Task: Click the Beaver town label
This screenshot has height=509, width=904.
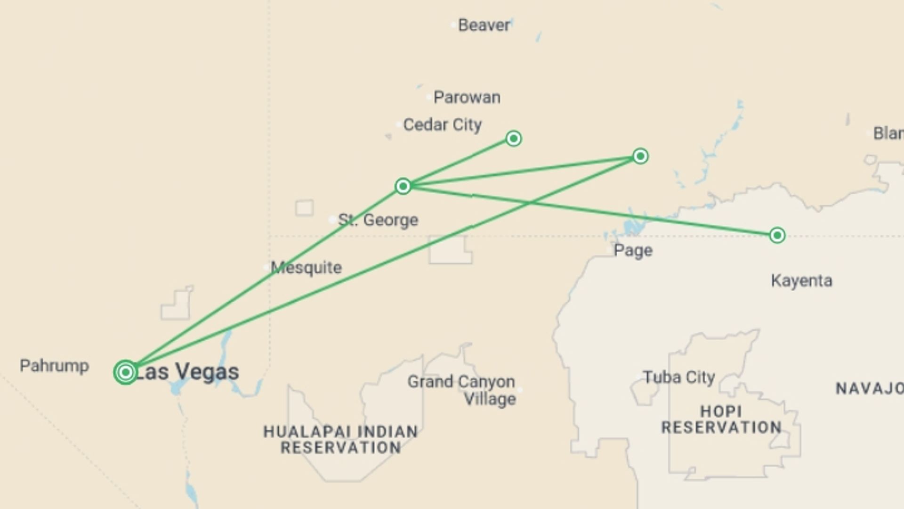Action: (x=484, y=25)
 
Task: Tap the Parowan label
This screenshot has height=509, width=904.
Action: (x=467, y=98)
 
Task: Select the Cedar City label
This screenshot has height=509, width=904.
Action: (x=442, y=125)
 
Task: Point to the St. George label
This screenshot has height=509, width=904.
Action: (x=378, y=220)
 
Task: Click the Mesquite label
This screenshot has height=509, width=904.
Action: (x=306, y=268)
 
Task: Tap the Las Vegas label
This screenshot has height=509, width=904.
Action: (x=187, y=372)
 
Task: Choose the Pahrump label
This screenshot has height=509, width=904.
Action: (x=54, y=366)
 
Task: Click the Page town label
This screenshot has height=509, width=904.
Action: (x=633, y=250)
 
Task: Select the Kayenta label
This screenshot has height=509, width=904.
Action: (x=801, y=281)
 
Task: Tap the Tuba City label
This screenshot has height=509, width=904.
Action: (x=678, y=378)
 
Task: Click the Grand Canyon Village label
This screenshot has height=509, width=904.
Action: (x=461, y=390)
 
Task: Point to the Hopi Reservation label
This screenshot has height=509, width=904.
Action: (x=721, y=419)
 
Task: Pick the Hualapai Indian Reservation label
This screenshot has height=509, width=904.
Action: (x=340, y=439)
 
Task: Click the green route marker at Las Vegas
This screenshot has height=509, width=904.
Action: (x=125, y=372)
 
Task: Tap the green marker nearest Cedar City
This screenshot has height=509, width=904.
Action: (x=513, y=139)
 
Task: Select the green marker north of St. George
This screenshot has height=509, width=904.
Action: (x=403, y=187)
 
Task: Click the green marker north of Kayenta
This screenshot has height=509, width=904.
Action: (x=777, y=235)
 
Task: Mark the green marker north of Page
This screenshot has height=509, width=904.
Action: (x=640, y=156)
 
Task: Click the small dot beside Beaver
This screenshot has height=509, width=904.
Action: (x=453, y=25)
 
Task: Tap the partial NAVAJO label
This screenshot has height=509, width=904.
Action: (x=869, y=389)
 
